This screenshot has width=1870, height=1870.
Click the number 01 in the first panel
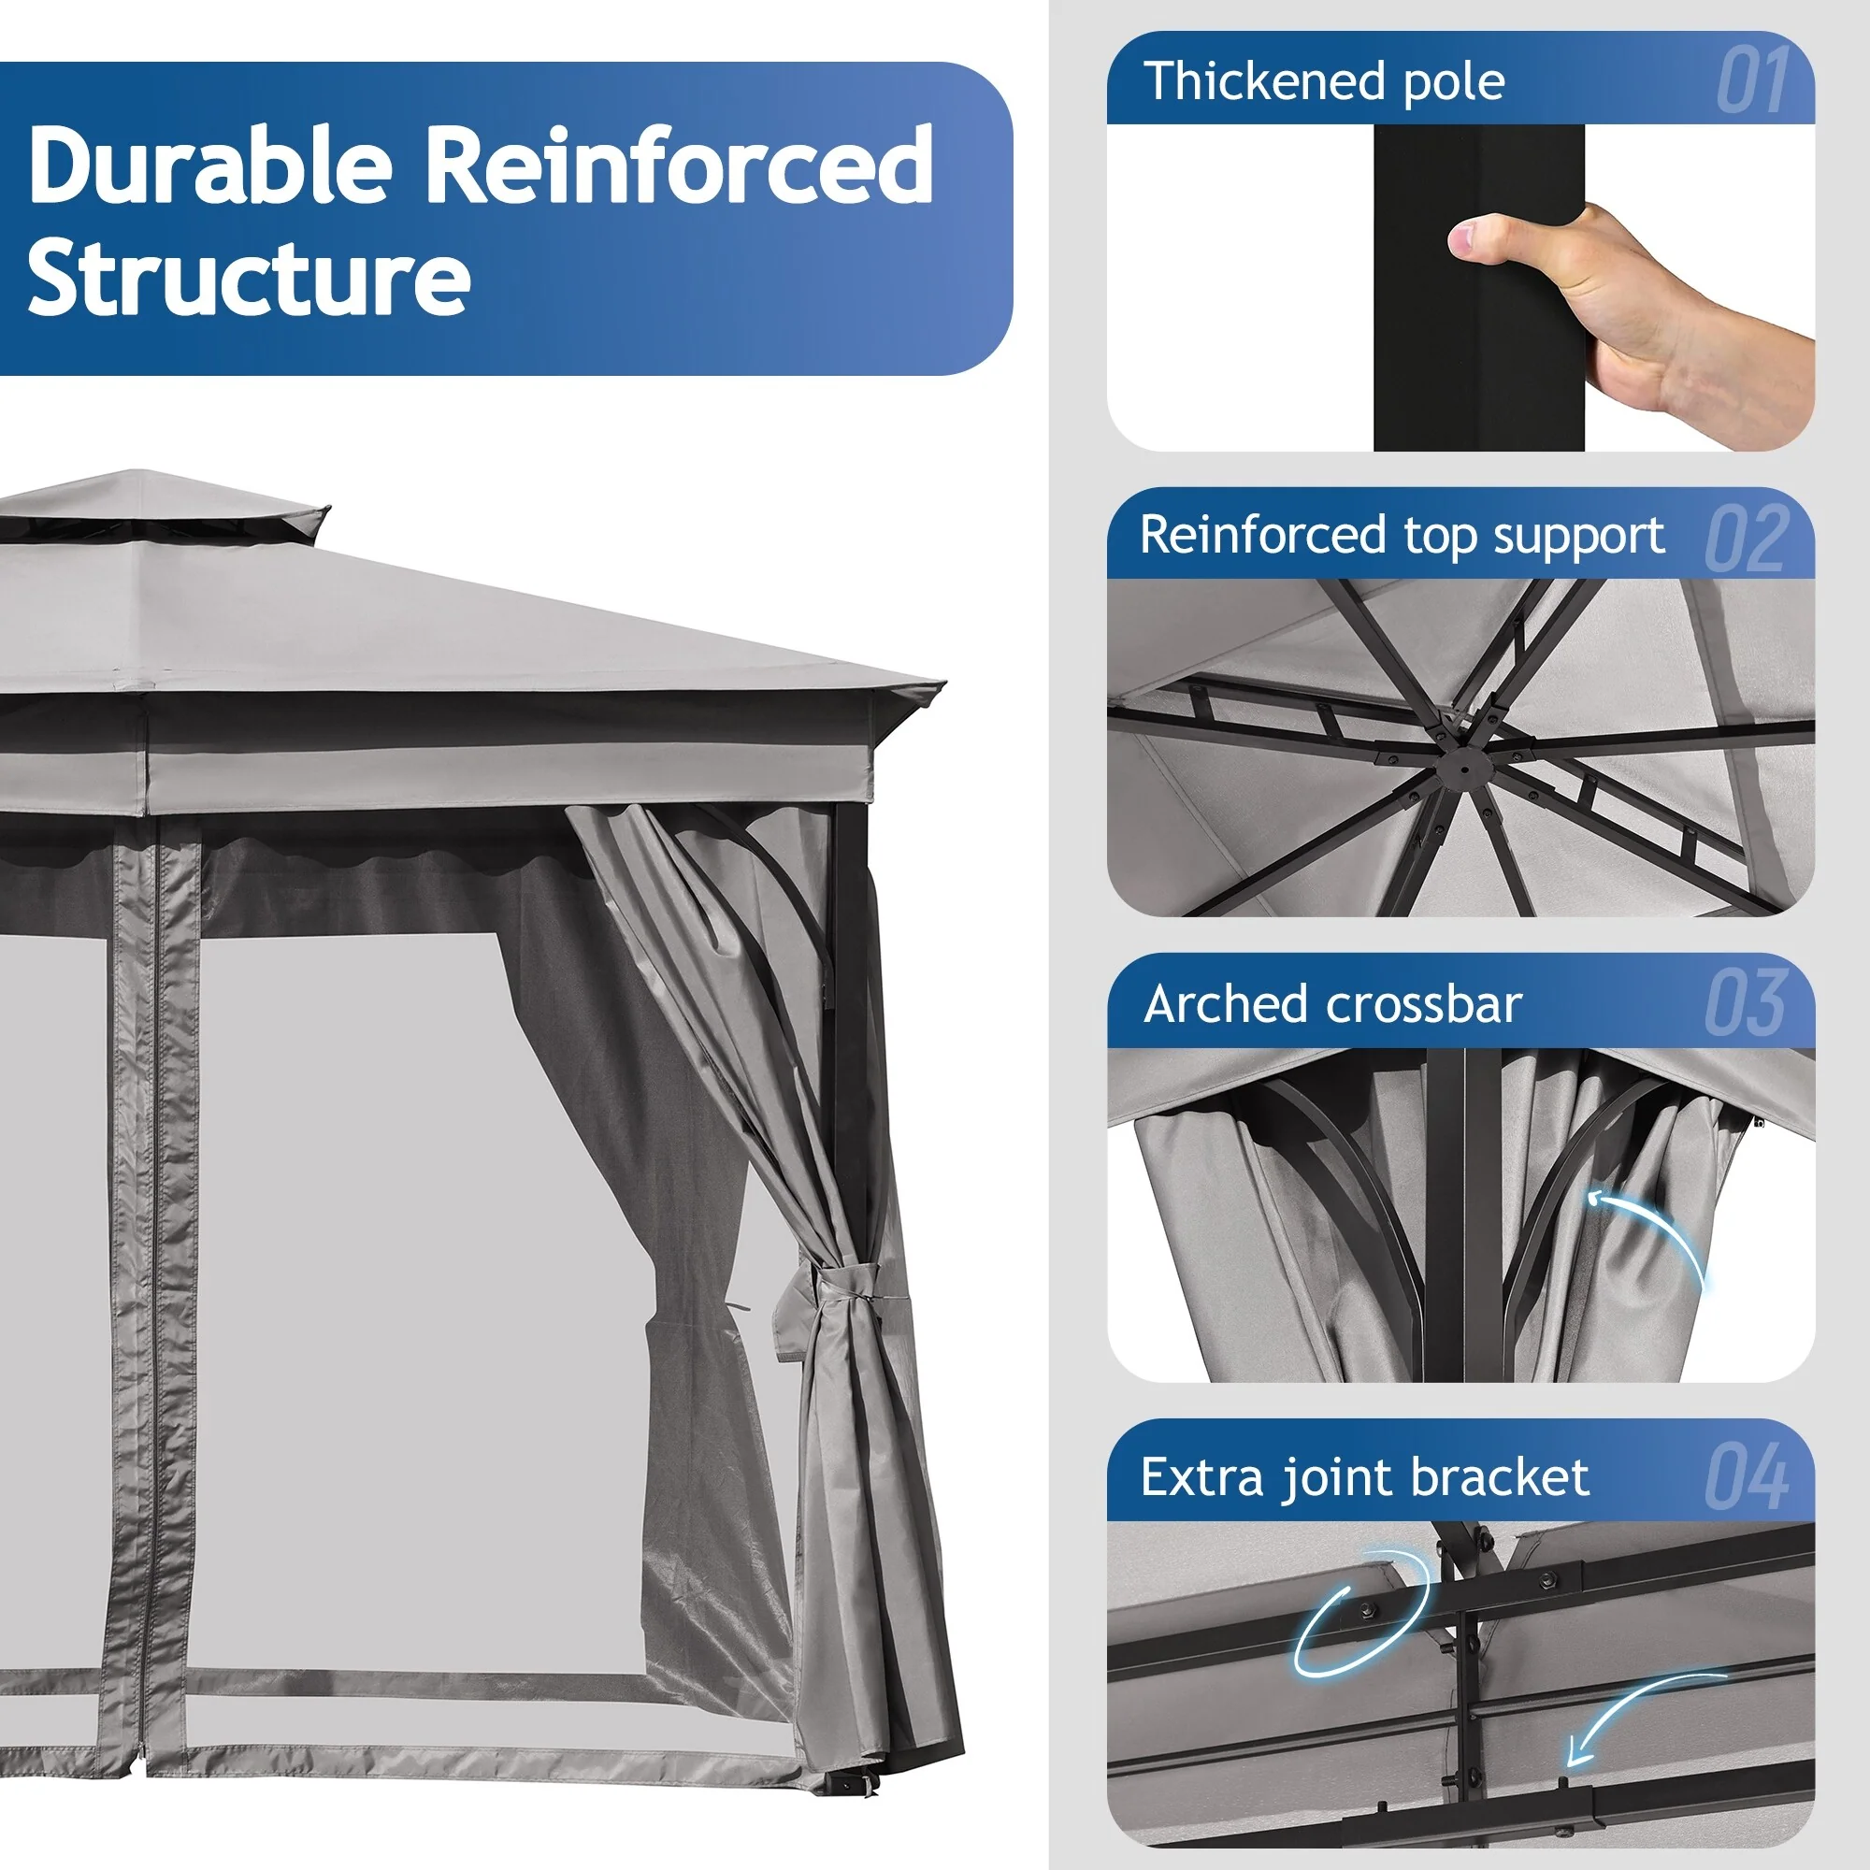pyautogui.click(x=1753, y=81)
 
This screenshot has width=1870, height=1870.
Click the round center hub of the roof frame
pyautogui.click(x=1462, y=770)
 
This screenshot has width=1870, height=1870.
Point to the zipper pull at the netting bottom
pyautogui.click(x=142, y=1754)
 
